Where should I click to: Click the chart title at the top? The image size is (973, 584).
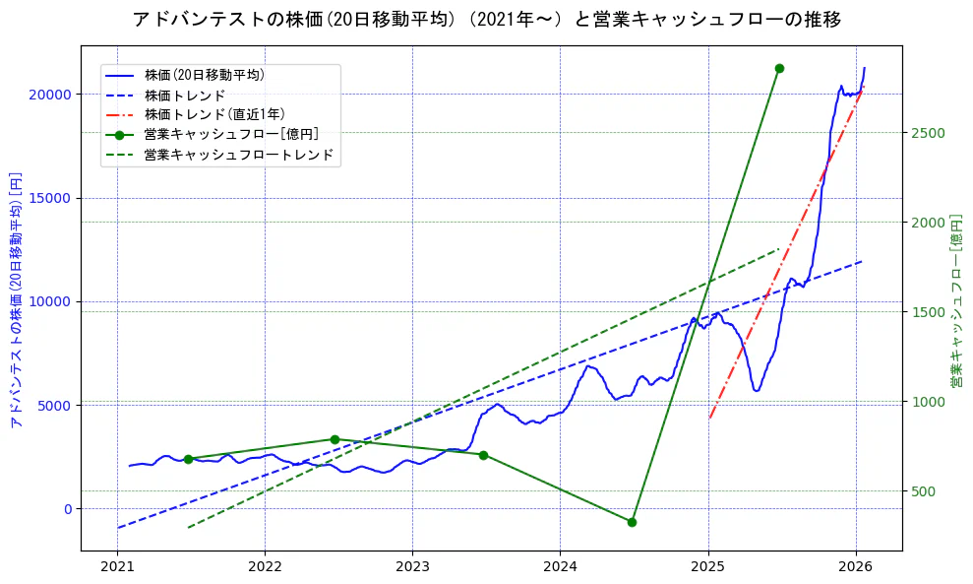point(486,19)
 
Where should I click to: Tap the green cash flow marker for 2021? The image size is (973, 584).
point(188,459)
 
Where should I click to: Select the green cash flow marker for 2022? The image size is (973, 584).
point(334,439)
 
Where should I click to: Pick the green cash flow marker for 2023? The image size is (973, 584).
point(483,455)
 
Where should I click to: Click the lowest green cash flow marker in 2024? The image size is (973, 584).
point(632,522)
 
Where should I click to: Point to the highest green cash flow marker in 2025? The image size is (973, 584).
point(779,68)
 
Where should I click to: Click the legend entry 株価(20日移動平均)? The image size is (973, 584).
point(204,75)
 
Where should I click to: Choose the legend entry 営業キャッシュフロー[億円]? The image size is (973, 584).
point(230,135)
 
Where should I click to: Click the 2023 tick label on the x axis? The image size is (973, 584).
point(412,567)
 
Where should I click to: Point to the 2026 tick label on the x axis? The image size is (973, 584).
point(856,567)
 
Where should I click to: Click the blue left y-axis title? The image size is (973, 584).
point(16,299)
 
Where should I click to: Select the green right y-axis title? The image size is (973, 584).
point(955,299)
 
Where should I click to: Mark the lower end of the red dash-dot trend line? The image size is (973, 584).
point(709,418)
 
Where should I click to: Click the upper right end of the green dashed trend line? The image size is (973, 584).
point(779,249)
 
